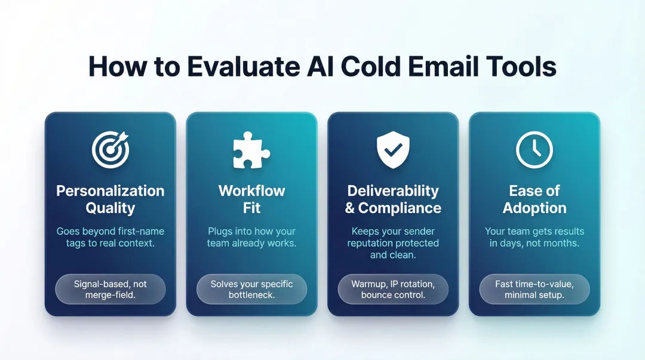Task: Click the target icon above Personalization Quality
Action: click(110, 149)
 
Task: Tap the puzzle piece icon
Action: click(251, 149)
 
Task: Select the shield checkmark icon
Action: click(393, 149)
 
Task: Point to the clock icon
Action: click(534, 149)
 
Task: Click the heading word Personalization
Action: click(110, 191)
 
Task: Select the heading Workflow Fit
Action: click(251, 199)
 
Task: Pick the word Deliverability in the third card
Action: click(393, 191)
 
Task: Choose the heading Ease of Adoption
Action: click(534, 199)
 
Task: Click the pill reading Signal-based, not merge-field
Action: click(110, 290)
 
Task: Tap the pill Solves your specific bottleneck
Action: click(251, 290)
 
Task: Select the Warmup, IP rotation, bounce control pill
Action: click(393, 290)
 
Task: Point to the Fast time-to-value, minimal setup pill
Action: click(534, 290)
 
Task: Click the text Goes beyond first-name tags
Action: click(110, 237)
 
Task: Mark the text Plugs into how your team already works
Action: click(251, 237)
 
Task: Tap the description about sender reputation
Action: click(393, 243)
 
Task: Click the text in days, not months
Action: click(534, 243)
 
